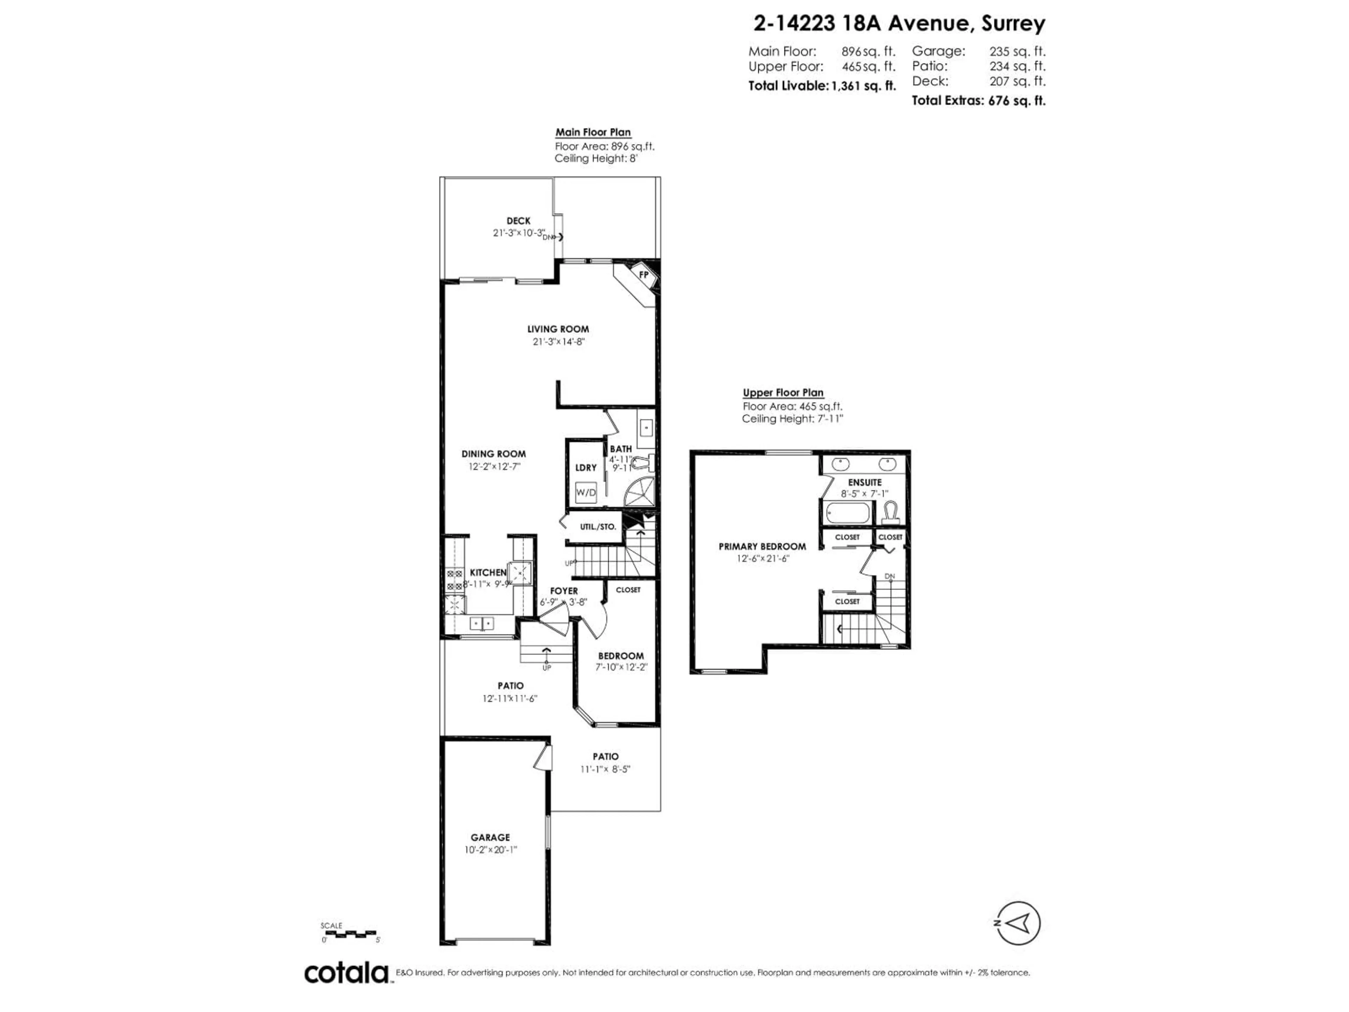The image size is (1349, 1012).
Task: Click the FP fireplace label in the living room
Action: point(643,274)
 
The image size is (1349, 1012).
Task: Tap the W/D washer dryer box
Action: point(586,492)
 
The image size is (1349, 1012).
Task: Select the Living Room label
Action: point(558,329)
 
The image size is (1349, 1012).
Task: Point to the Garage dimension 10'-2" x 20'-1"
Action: point(490,850)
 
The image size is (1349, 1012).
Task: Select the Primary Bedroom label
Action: point(762,546)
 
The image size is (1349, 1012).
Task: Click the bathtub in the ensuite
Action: point(848,512)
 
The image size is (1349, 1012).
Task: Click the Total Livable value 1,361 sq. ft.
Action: point(864,86)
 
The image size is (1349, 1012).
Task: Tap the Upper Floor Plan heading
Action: point(783,393)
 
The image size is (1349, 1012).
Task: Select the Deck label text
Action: point(519,221)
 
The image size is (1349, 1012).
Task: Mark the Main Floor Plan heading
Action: point(593,132)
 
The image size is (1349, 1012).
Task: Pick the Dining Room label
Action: point(493,454)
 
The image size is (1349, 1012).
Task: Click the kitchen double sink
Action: point(482,623)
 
